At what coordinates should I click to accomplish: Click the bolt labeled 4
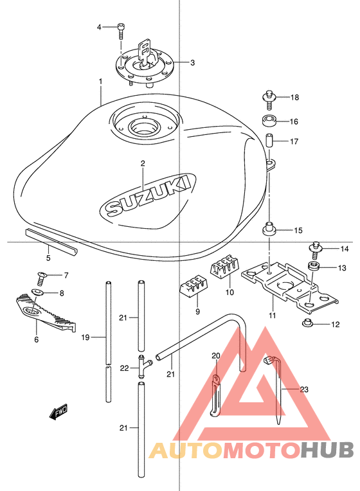tap(121, 31)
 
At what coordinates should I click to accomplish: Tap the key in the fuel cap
tap(145, 51)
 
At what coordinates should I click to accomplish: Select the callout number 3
tap(192, 63)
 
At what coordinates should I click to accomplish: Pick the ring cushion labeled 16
tap(269, 121)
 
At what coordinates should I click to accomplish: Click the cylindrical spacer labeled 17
tap(269, 141)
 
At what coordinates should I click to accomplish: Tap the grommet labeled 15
tap(269, 228)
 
